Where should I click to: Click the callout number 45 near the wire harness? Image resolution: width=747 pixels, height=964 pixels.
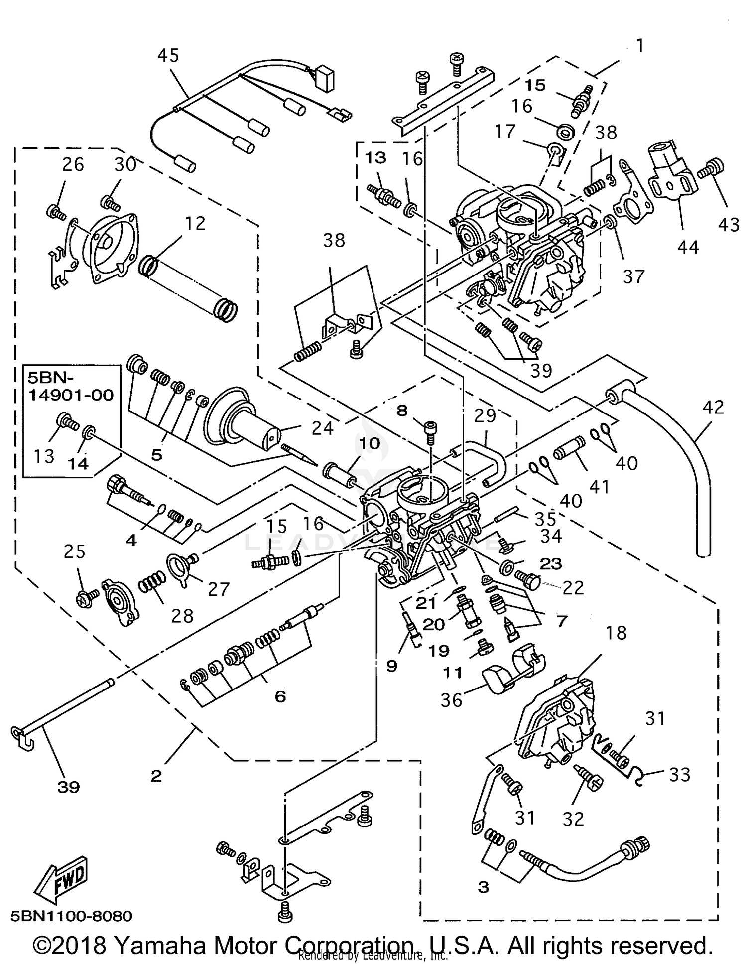[168, 55]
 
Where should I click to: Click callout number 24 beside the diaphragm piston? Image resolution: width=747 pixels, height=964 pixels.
[322, 427]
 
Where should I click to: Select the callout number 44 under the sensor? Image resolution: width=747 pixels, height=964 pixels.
[688, 247]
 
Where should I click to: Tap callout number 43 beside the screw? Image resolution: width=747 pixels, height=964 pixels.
[729, 225]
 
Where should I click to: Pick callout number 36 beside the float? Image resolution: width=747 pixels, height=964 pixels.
[451, 700]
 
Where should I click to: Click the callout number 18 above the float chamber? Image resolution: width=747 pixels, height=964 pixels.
[616, 633]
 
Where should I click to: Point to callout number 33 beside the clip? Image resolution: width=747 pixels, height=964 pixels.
[679, 774]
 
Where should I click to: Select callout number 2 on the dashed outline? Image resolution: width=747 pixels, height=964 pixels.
[156, 776]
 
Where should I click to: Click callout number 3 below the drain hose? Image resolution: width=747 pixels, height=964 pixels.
[483, 887]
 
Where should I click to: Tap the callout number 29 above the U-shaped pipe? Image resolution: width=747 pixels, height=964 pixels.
[485, 415]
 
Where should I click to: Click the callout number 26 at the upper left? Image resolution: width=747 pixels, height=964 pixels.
[73, 164]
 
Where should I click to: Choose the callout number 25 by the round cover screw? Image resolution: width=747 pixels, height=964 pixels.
[75, 551]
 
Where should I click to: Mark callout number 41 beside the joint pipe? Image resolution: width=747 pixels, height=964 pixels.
[599, 486]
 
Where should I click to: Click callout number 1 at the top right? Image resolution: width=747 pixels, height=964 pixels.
[640, 46]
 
